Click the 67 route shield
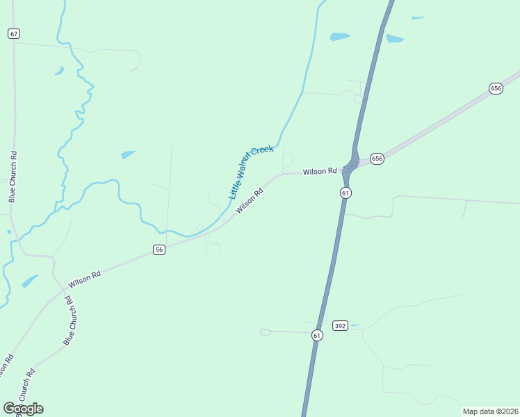point(15,33)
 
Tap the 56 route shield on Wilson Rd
point(159,250)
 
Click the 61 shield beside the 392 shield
point(317,336)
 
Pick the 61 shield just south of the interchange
point(346,193)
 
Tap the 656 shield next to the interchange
point(377,158)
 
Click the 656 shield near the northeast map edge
point(496,88)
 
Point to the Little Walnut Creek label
point(251,172)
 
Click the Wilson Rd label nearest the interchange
point(320,171)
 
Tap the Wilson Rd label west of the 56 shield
point(85,279)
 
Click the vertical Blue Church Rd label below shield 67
point(12,177)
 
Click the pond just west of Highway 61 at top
point(340,36)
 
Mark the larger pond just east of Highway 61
point(394,38)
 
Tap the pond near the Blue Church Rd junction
point(30,281)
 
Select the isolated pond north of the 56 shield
point(129,154)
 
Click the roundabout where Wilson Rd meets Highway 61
point(352,164)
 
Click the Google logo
point(23,409)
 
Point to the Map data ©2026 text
point(490,411)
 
